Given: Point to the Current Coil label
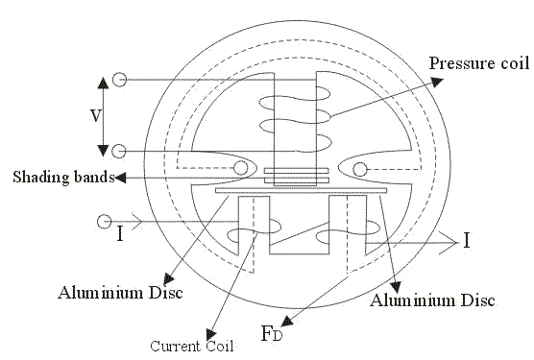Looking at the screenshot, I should pos(192,346).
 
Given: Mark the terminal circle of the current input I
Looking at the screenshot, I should pos(105,222).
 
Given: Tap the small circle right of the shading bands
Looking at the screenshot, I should pos(360,170).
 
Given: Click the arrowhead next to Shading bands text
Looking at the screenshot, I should pos(119,178).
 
